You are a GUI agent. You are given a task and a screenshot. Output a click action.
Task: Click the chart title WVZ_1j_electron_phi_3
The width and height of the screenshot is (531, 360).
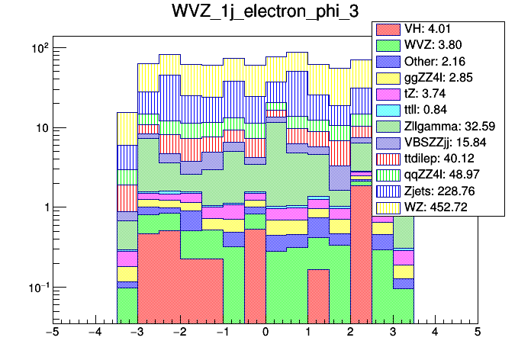point(265,12)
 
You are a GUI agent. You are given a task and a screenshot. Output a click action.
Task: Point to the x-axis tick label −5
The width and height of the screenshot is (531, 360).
point(52,333)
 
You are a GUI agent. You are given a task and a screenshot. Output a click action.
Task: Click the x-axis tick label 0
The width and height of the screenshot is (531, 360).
point(265,333)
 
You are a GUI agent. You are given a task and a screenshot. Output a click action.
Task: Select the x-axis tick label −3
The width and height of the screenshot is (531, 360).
point(137,333)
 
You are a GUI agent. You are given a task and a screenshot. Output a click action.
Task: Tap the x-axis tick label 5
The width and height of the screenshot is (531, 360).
point(478,333)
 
